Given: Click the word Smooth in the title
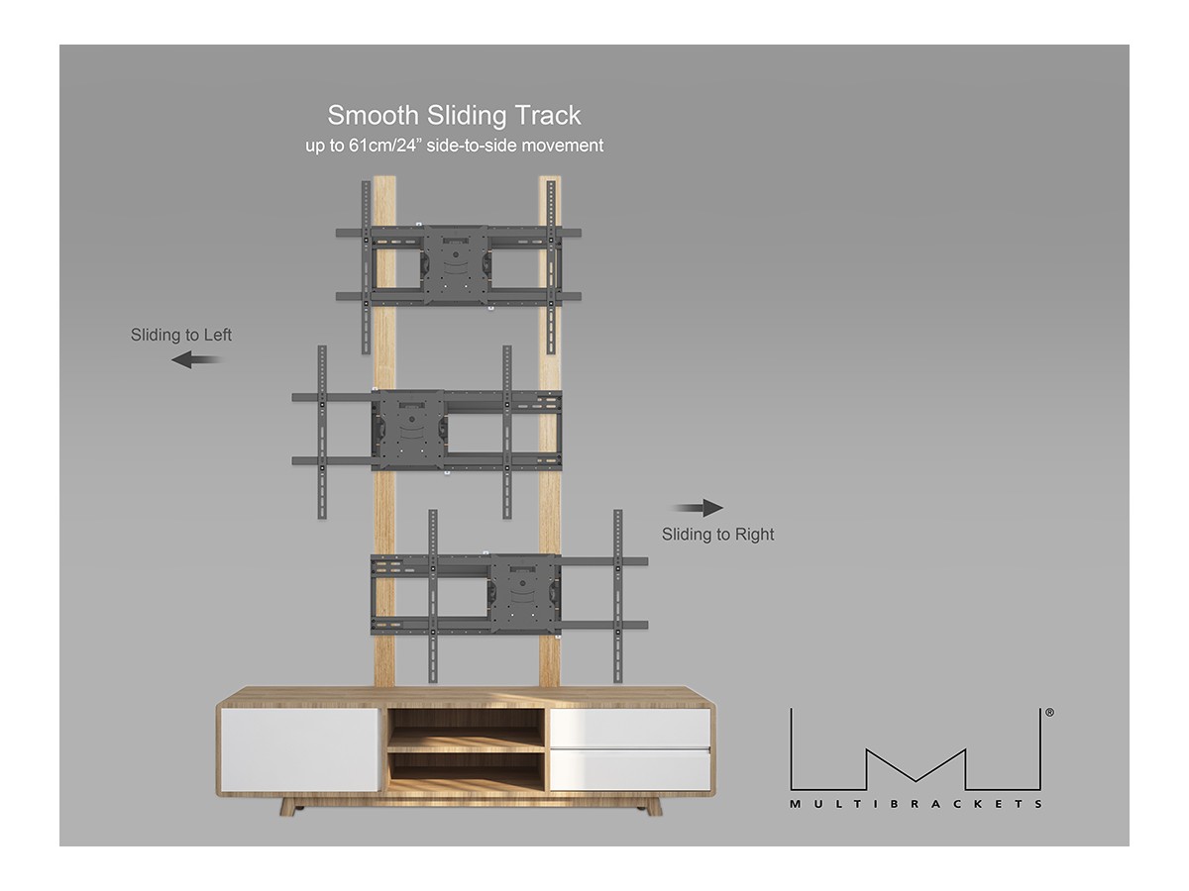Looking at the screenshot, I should click(x=374, y=116).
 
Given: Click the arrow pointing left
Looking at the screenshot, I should click(x=195, y=360).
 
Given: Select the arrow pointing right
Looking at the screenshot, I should click(x=700, y=508).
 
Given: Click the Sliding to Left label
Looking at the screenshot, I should click(x=181, y=336).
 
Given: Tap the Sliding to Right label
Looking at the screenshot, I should click(x=718, y=535).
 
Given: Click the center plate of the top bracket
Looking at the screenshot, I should click(x=455, y=264).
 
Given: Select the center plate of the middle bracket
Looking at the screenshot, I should click(x=407, y=429).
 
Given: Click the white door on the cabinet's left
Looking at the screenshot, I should click(x=300, y=749).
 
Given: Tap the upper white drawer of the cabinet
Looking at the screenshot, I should click(x=630, y=728).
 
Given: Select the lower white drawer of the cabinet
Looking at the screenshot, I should click(x=630, y=770).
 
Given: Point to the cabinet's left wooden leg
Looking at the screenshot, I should click(x=288, y=807).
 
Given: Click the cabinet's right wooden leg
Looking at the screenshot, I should click(x=653, y=807).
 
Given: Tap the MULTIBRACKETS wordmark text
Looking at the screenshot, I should click(x=916, y=804).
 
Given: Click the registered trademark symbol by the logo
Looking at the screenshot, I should click(x=1049, y=712).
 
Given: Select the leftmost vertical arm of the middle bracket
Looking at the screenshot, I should click(x=322, y=432).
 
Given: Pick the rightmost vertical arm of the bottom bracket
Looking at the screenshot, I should click(x=618, y=595).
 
